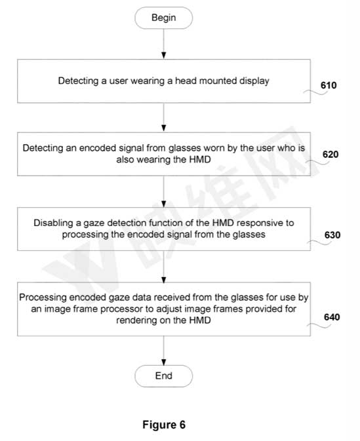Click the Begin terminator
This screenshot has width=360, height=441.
click(163, 18)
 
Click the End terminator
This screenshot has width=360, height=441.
click(163, 375)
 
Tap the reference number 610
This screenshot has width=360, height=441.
click(329, 85)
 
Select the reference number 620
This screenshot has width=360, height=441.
click(330, 155)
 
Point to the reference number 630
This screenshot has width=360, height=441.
click(332, 235)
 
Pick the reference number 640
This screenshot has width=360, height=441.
click(332, 317)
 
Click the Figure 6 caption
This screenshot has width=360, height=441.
click(164, 425)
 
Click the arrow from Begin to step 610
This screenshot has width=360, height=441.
click(163, 44)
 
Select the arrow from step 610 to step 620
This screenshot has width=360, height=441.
click(163, 117)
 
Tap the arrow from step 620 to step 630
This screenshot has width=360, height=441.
click(163, 192)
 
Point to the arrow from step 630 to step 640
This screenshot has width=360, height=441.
click(163, 267)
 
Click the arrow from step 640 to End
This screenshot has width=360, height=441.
click(163, 351)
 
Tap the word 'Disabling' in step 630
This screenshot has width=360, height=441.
click(54, 223)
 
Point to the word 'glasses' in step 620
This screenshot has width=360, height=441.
click(185, 148)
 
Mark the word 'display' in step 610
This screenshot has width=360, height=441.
click(254, 81)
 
